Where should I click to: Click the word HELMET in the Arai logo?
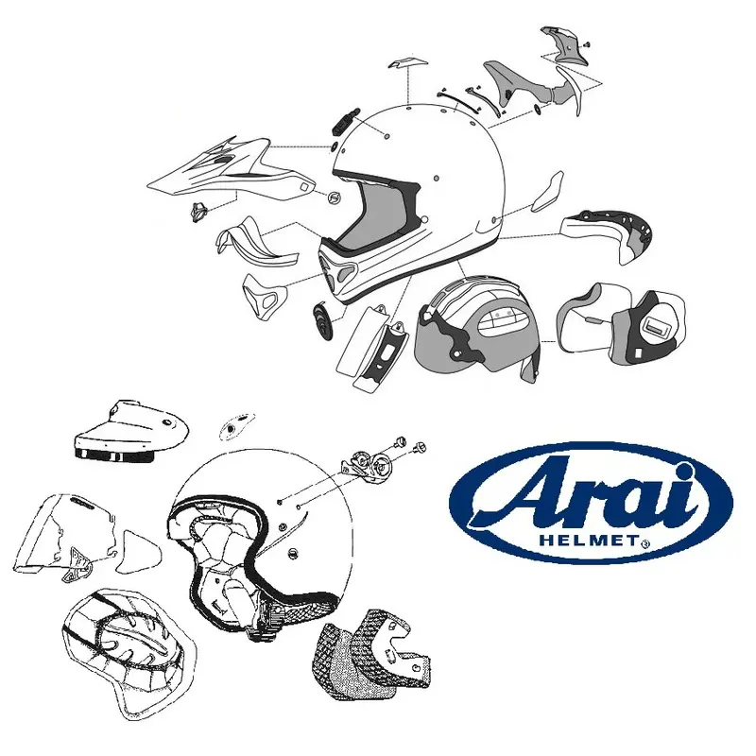coord(592,541)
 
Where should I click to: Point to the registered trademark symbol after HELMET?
coord(644,544)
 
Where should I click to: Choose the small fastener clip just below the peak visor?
coord(198,212)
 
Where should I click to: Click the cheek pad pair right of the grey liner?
coord(624,322)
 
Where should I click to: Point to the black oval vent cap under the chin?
coord(320,322)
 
